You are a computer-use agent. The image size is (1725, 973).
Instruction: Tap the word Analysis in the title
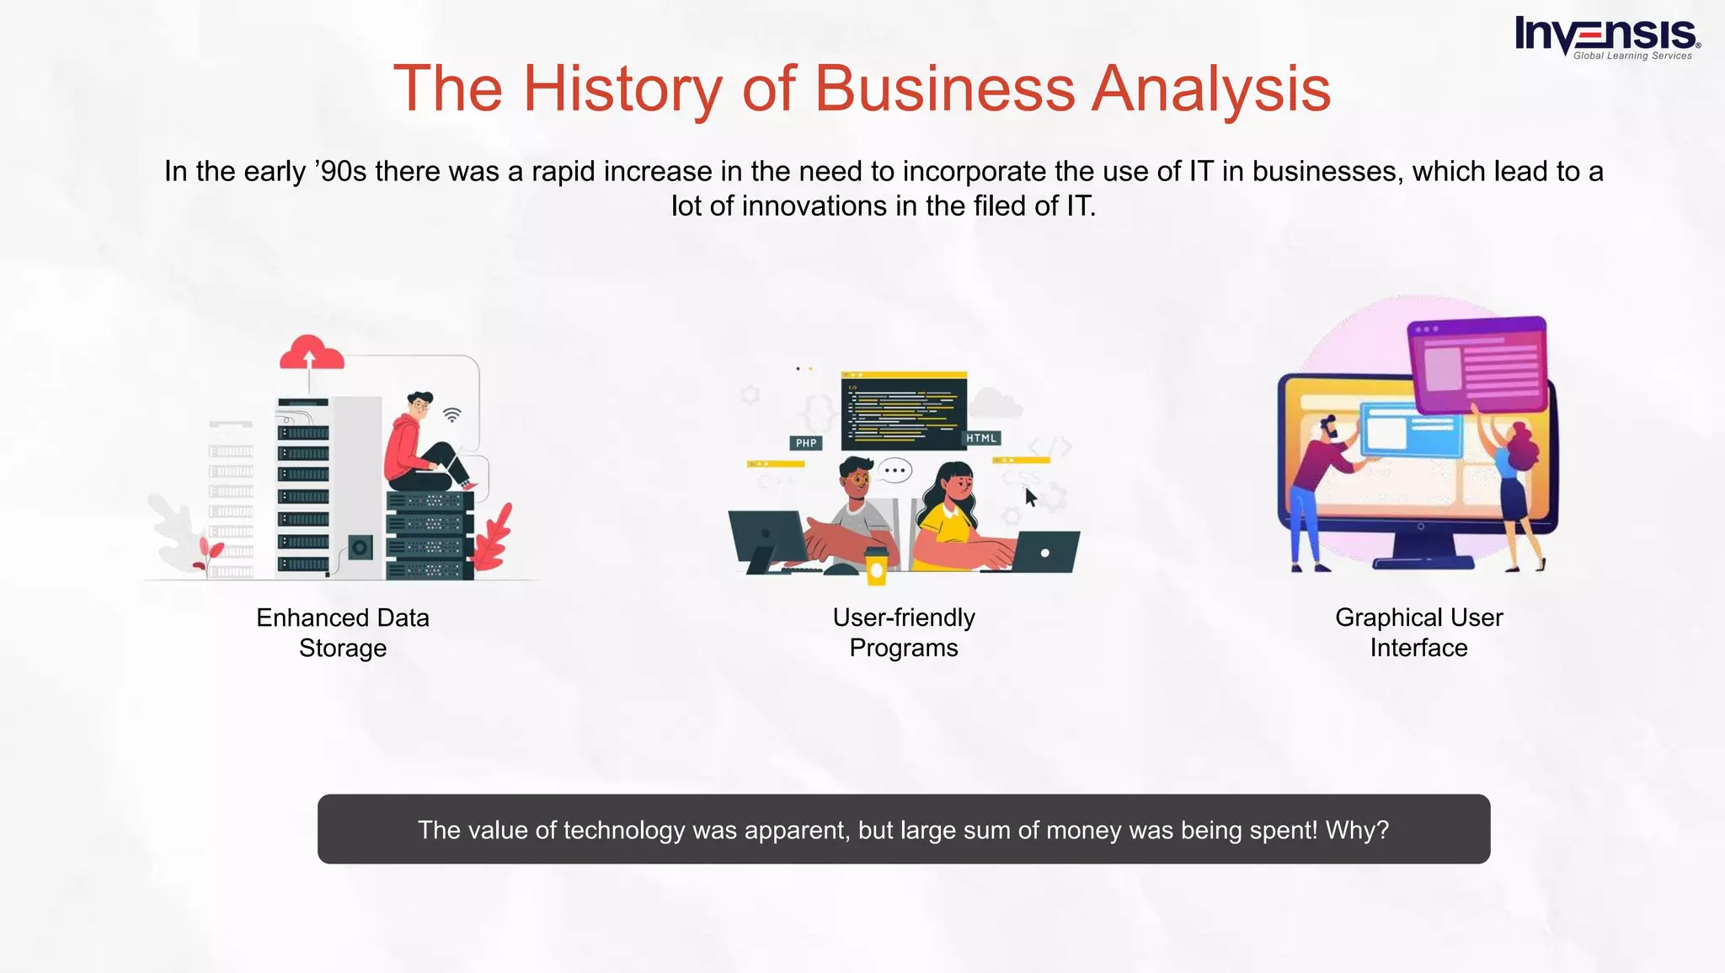click(1210, 88)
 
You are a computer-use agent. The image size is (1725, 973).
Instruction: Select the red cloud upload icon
click(312, 354)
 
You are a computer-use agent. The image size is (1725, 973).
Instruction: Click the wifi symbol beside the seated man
click(452, 414)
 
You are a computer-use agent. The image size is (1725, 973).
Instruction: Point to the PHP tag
click(806, 443)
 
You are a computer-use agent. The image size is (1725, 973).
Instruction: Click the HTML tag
click(981, 438)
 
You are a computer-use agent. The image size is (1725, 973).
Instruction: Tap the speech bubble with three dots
click(895, 470)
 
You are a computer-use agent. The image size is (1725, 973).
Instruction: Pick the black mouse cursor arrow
click(1031, 497)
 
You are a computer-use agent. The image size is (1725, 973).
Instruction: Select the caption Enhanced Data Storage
click(343, 633)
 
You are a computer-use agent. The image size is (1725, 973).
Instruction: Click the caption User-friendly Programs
click(904, 633)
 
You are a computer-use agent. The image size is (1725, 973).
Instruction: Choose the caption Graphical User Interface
click(1418, 633)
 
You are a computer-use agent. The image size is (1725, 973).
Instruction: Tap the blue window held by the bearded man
click(1408, 430)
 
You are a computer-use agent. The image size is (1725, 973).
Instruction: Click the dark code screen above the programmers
click(904, 409)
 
